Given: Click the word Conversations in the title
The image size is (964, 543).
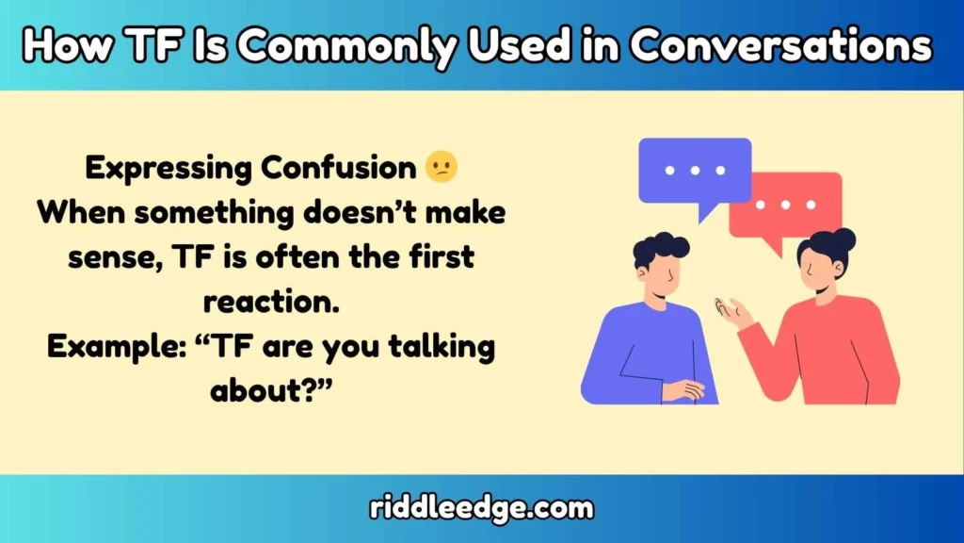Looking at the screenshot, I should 781,45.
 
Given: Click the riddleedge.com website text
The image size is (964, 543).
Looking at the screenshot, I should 481,509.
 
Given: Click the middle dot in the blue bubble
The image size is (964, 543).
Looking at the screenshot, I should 695,171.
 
